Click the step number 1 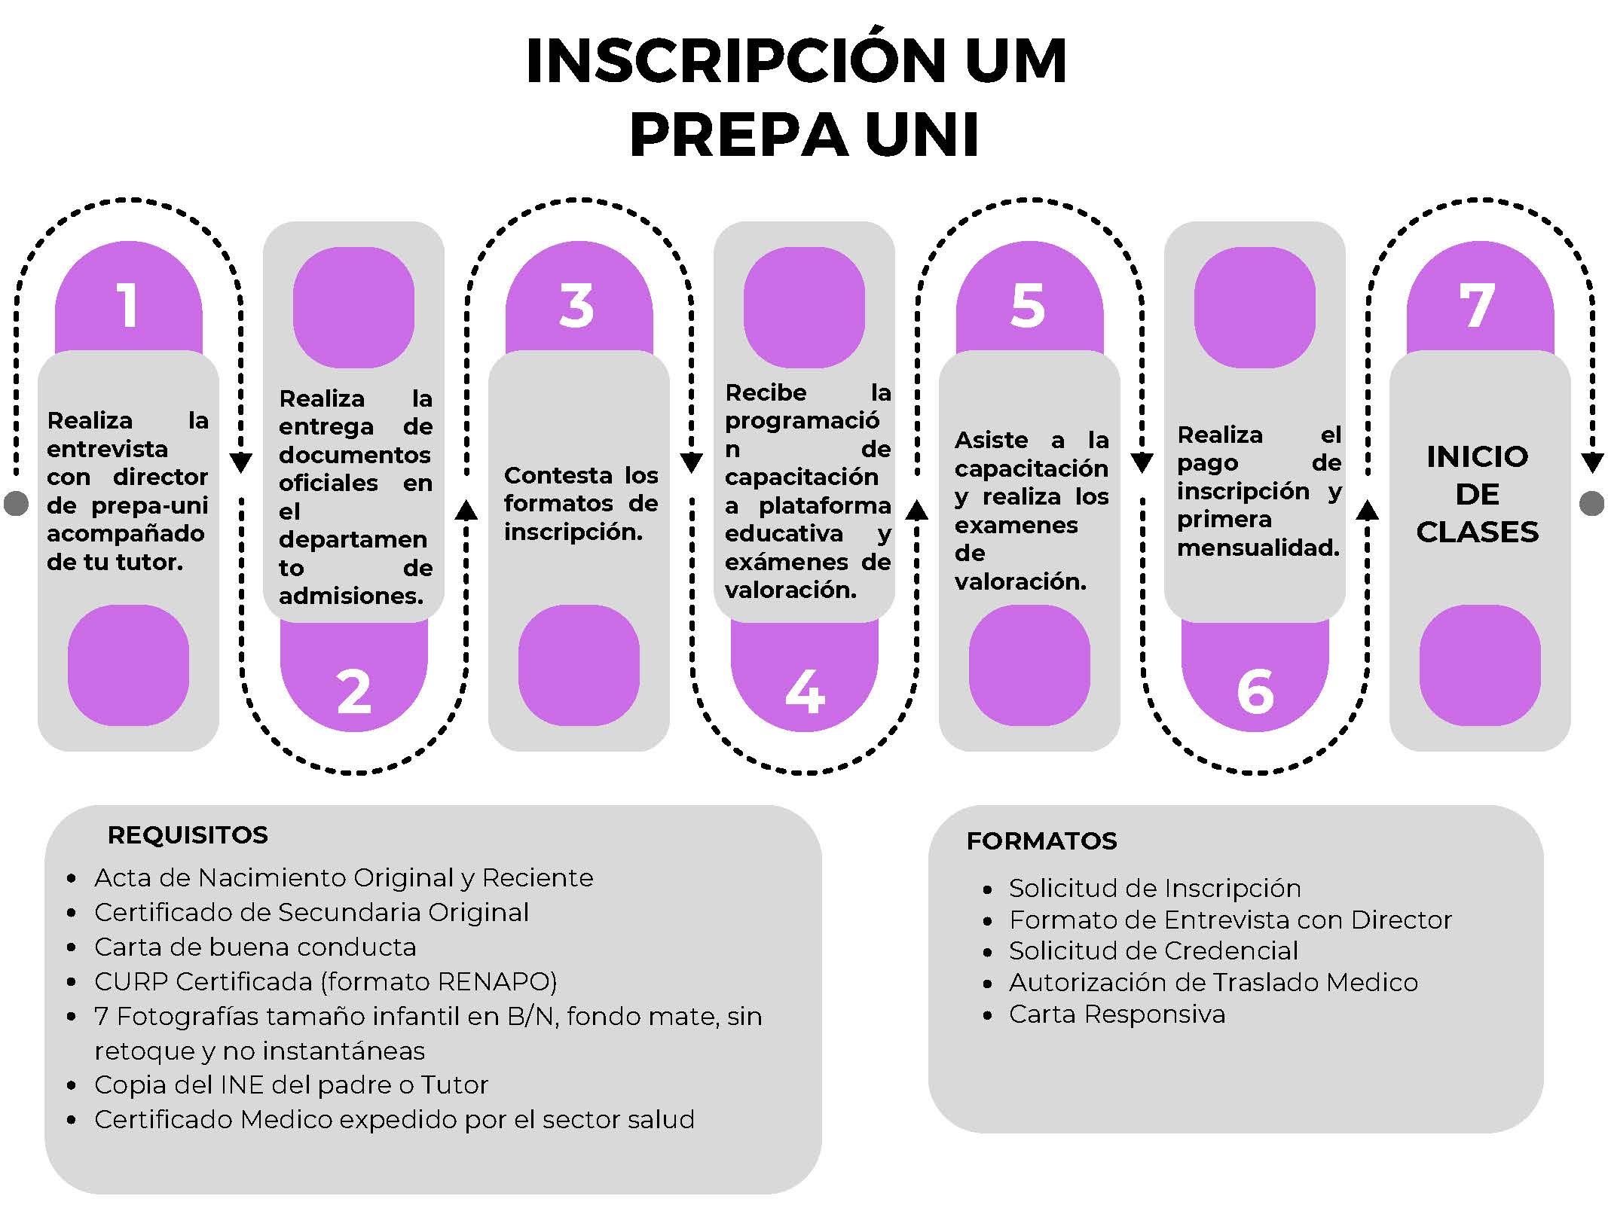128,306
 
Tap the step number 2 353,691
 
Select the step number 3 577,306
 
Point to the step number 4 804,691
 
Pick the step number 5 1028,306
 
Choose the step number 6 1255,691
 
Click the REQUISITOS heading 188,835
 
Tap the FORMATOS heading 1041,841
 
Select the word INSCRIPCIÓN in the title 735,61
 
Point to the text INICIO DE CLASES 1477,494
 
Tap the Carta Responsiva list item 1117,1014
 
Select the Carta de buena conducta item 255,947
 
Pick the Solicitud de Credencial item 1154,951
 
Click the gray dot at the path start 16,503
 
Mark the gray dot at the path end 1591,503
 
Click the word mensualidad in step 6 1258,548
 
